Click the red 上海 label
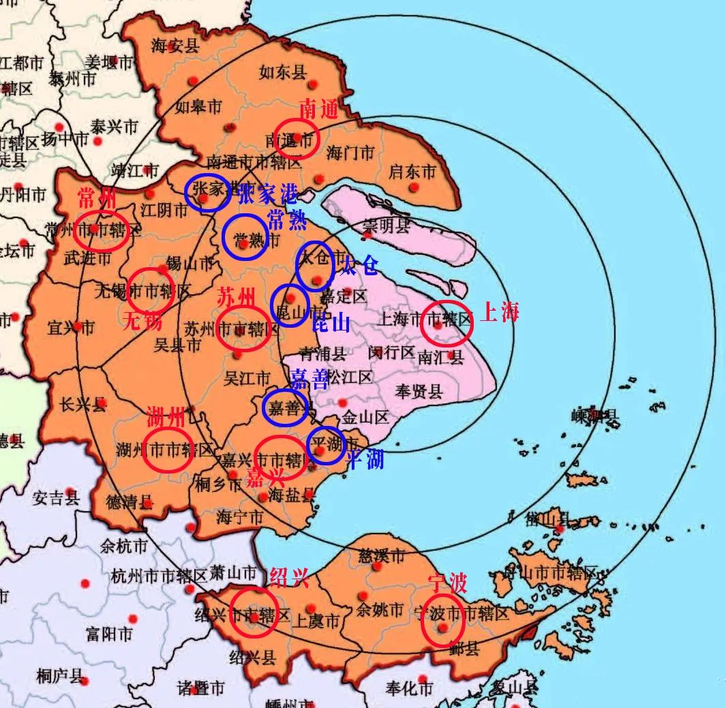(500, 312)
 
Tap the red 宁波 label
(447, 583)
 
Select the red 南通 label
(319, 109)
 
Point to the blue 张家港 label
(267, 194)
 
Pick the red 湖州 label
(166, 415)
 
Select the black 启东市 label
(412, 172)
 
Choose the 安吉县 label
(57, 498)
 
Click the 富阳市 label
(108, 634)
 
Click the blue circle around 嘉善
(285, 407)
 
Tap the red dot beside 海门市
(319, 179)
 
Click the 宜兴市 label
(71, 328)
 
